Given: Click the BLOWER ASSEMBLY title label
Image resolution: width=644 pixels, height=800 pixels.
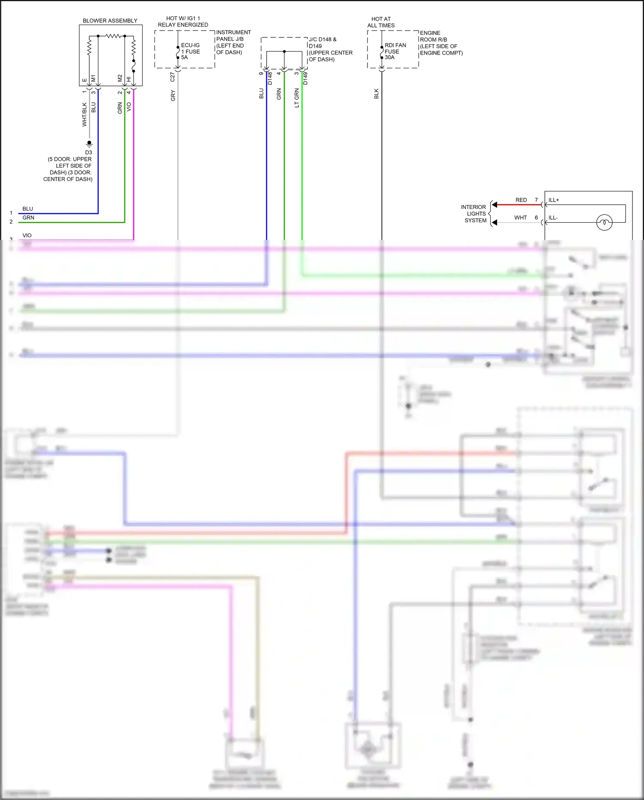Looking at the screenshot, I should coord(110,21).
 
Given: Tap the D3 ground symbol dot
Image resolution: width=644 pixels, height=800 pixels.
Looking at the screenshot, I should coord(89,143).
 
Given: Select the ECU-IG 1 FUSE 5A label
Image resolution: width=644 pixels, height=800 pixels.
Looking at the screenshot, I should coord(190,51).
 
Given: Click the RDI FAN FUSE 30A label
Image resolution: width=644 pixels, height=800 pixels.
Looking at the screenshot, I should coord(395,51).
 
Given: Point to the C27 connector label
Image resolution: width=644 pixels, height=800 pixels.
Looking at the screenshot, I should coord(173,77).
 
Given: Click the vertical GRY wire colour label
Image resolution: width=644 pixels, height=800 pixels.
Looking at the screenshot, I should coord(173,95).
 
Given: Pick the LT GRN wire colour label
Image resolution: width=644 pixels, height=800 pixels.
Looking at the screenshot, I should coord(297,98).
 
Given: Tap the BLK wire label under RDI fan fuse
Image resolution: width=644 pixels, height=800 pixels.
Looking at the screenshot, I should coord(377,94).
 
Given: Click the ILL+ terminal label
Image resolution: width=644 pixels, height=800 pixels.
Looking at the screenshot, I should coord(554,200).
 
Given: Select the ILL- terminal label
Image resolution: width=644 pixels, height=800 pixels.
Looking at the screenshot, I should coord(553,218).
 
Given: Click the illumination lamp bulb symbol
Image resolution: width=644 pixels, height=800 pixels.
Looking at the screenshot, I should coord(604,222).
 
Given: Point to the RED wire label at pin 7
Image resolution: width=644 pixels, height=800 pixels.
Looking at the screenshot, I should coord(521,200).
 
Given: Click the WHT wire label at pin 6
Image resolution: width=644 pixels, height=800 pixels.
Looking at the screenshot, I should coord(520,218).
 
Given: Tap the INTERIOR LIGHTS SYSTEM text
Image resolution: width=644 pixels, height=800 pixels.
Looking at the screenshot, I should coord(474,214).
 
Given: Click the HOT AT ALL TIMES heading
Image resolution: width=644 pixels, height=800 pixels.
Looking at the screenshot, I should coord(381,22).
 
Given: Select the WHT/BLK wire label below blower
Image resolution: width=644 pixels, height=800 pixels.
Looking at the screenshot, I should coord(85,114).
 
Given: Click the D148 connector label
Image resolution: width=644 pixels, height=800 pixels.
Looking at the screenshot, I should coord(270,78).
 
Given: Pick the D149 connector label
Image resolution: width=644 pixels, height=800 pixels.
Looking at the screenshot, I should coord(305,78).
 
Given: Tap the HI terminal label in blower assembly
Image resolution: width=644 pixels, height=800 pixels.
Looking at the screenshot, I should coord(129,79).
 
